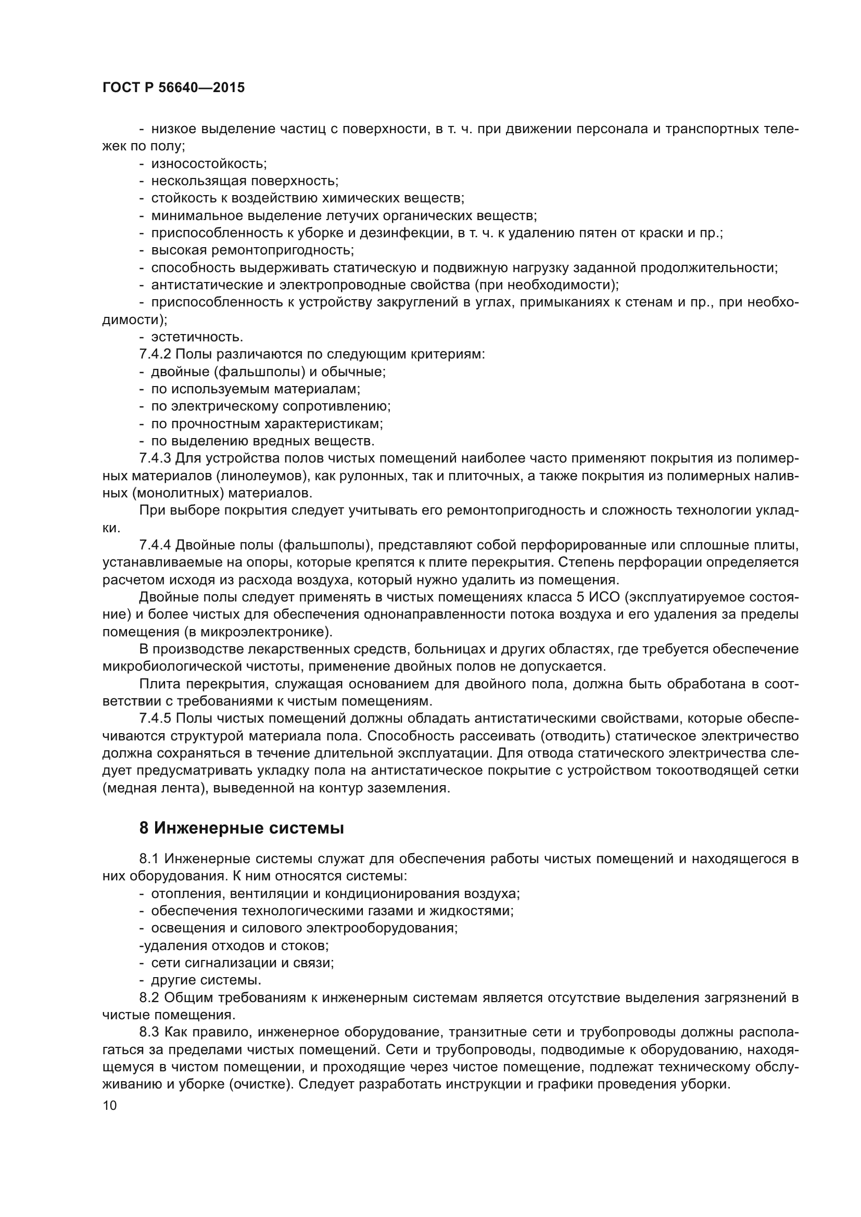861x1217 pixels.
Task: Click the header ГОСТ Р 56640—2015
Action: tap(173, 88)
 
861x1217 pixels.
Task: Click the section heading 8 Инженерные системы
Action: tap(241, 828)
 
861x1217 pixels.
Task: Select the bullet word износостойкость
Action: tap(209, 164)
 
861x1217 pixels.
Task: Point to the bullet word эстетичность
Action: tap(197, 337)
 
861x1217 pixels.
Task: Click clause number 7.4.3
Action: tap(155, 458)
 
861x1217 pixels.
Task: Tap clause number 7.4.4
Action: tap(155, 545)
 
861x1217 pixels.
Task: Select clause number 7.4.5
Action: tap(155, 718)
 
